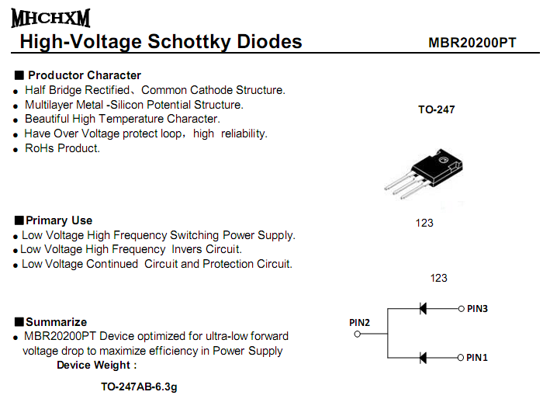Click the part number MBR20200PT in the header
(x=472, y=43)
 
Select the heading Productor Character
(x=84, y=75)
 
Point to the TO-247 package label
(x=437, y=109)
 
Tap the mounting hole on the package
(x=444, y=161)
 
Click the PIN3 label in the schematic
(x=477, y=308)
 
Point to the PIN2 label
(x=359, y=322)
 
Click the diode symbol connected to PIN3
(x=423, y=308)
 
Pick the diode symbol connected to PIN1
(x=423, y=357)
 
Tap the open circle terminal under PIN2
(x=358, y=334)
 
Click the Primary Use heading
(x=58, y=220)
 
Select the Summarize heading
(x=56, y=322)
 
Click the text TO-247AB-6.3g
(x=139, y=386)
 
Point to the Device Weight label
(x=96, y=365)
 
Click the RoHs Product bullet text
(x=62, y=148)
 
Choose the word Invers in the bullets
(x=186, y=249)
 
